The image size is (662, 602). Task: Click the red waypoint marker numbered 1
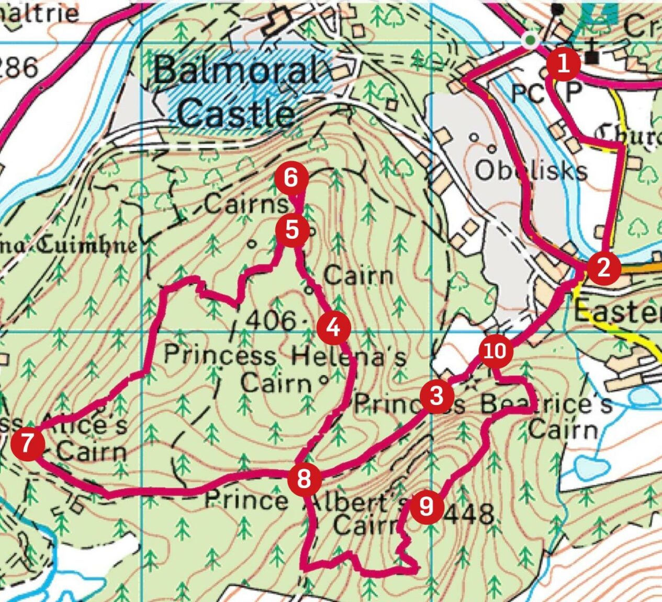tap(564, 65)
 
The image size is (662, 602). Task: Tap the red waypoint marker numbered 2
tap(603, 268)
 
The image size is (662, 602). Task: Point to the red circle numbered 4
tap(333, 328)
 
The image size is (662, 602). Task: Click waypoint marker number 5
tap(292, 230)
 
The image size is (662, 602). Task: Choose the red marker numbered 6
tap(291, 179)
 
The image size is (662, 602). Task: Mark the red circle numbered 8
tap(304, 478)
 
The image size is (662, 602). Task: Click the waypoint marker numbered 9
tap(427, 506)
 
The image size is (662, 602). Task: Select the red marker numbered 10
tap(495, 351)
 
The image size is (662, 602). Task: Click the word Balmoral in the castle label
tap(237, 70)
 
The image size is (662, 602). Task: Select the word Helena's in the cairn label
tap(348, 357)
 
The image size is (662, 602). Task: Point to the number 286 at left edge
tap(18, 68)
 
